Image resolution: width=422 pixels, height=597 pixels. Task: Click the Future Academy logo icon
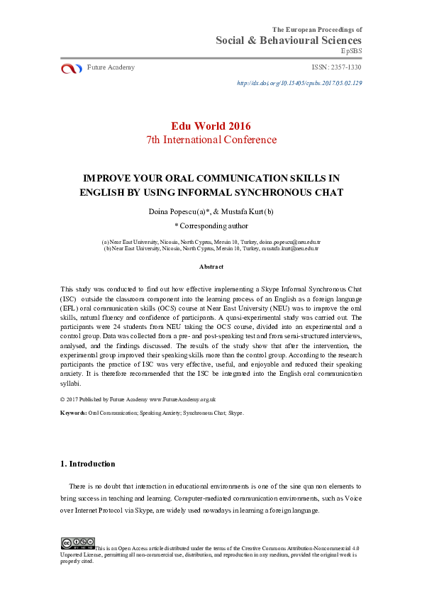coord(72,68)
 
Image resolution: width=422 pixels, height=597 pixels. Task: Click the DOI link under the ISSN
coord(299,83)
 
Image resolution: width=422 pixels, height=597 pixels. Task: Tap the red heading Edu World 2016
coord(211,126)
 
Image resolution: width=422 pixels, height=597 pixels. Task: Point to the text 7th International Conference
coord(211,140)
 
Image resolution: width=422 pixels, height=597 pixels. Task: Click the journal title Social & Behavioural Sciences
coord(289,40)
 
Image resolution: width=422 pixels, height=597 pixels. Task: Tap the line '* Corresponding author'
coord(211,226)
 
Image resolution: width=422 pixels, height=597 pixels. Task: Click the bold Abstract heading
coord(211,267)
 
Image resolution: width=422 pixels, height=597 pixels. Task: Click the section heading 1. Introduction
coord(88,464)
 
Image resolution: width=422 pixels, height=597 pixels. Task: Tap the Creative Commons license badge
coord(77,543)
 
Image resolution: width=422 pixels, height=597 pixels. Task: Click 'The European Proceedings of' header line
coord(317,29)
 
